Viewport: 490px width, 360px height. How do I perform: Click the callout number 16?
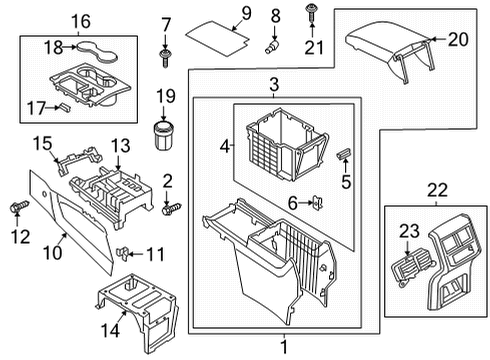(81, 21)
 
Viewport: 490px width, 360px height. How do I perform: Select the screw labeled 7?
(164, 58)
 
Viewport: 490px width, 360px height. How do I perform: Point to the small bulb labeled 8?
(272, 47)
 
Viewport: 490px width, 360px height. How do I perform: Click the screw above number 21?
(311, 13)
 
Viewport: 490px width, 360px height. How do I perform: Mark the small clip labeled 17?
(65, 107)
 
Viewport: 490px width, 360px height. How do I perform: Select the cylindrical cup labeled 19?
(162, 135)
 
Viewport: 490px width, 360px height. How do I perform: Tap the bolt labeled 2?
(171, 209)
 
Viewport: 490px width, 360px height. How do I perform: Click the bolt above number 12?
(19, 207)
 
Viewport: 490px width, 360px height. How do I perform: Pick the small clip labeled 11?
(122, 254)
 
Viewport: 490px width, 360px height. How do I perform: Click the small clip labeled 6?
(318, 203)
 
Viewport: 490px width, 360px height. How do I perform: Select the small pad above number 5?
(343, 155)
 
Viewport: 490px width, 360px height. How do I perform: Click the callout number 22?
(437, 190)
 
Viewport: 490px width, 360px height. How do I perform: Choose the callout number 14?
(110, 331)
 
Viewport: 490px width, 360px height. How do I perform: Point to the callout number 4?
(225, 146)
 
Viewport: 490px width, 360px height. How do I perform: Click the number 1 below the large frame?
(284, 347)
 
